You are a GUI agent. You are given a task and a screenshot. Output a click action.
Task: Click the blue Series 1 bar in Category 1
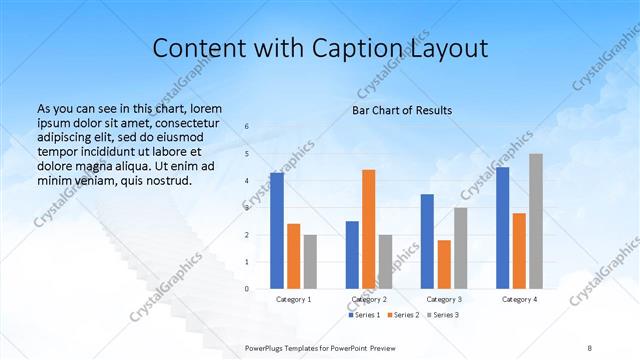(x=276, y=231)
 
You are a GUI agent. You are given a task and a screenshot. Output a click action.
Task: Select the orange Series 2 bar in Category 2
(x=368, y=229)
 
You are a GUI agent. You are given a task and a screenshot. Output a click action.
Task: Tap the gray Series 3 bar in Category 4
(x=536, y=221)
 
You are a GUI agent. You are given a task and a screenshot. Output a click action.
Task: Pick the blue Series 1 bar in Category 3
(x=427, y=241)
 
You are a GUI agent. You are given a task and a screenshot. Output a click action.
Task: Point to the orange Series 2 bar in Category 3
(x=444, y=264)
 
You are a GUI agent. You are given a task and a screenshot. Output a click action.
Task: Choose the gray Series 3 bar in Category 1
(x=310, y=262)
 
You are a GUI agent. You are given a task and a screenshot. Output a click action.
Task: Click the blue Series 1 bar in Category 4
(x=502, y=228)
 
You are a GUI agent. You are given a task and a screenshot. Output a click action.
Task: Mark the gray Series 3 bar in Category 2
(x=385, y=262)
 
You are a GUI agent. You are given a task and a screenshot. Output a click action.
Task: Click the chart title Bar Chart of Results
(x=402, y=110)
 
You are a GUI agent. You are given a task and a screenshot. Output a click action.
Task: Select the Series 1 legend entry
(x=365, y=315)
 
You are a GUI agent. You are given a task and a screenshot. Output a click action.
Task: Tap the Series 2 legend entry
(x=402, y=315)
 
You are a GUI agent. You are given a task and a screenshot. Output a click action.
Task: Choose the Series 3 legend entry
(x=443, y=315)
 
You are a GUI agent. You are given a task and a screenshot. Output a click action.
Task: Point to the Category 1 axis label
(x=293, y=299)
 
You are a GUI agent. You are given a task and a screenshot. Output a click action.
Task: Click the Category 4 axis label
(x=519, y=299)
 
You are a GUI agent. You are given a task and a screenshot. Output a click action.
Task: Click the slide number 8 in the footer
(x=590, y=346)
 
